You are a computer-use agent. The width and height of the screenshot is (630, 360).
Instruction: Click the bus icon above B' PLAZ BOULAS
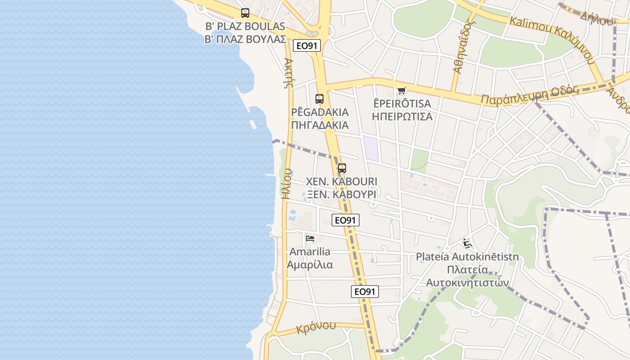click(x=245, y=13)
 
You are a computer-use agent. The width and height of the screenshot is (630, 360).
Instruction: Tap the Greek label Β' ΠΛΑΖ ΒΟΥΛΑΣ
click(x=246, y=39)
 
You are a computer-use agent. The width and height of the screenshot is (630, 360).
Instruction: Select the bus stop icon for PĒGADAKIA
click(x=319, y=99)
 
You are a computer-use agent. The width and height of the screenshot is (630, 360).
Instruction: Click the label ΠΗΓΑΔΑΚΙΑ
click(x=320, y=125)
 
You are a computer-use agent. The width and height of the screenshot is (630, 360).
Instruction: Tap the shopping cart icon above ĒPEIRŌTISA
click(x=401, y=90)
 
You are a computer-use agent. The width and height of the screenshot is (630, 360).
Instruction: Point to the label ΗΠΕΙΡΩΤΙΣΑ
click(x=402, y=117)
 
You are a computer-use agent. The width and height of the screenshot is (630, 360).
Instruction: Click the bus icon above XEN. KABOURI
click(x=342, y=168)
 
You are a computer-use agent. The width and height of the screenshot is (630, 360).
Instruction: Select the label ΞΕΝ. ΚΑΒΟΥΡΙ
click(x=342, y=195)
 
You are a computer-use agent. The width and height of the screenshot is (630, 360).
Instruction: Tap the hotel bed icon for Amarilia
click(x=310, y=238)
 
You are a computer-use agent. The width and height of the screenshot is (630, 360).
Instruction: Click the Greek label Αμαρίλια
click(x=310, y=265)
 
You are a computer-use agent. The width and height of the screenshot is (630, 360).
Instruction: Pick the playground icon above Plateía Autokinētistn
click(x=467, y=244)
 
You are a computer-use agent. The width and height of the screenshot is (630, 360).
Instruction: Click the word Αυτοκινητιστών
click(x=467, y=283)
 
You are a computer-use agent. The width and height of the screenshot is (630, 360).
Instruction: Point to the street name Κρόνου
click(x=316, y=327)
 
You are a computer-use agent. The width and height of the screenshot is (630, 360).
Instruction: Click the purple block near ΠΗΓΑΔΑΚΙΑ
click(x=371, y=148)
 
